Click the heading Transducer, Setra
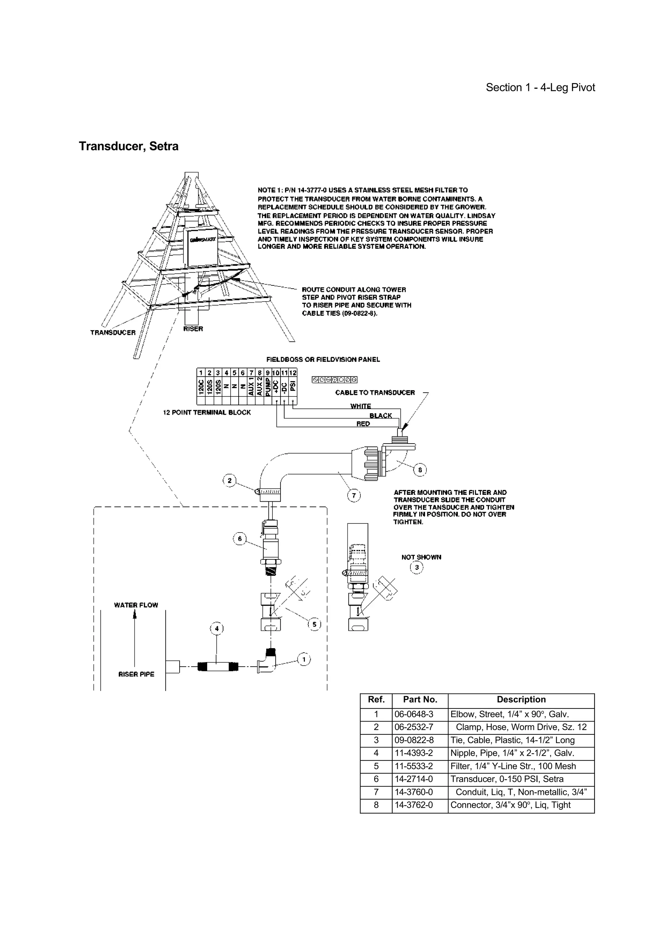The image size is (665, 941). click(128, 146)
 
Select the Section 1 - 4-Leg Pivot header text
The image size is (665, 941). click(540, 87)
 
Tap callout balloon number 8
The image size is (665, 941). click(420, 470)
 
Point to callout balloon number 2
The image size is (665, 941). click(230, 480)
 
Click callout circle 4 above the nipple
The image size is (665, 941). click(217, 628)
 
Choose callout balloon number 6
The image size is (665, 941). click(240, 539)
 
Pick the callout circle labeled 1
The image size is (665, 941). click(304, 659)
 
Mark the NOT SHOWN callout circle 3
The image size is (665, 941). click(417, 567)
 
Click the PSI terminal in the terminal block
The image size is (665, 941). click(293, 386)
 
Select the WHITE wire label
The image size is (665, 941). click(360, 406)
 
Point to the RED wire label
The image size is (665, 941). click(363, 424)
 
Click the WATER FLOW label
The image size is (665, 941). click(136, 605)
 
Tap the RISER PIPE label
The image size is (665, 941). click(136, 674)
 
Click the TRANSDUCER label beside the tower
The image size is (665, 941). click(113, 332)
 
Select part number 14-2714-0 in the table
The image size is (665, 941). click(413, 779)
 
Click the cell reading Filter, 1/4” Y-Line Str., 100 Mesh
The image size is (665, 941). click(513, 766)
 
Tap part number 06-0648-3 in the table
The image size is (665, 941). click(413, 714)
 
